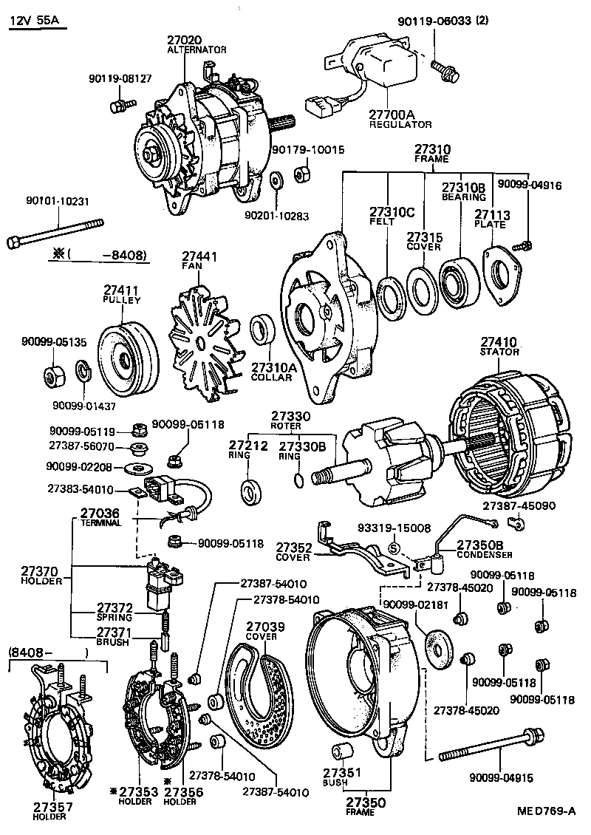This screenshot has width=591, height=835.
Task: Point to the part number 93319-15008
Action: [394, 528]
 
